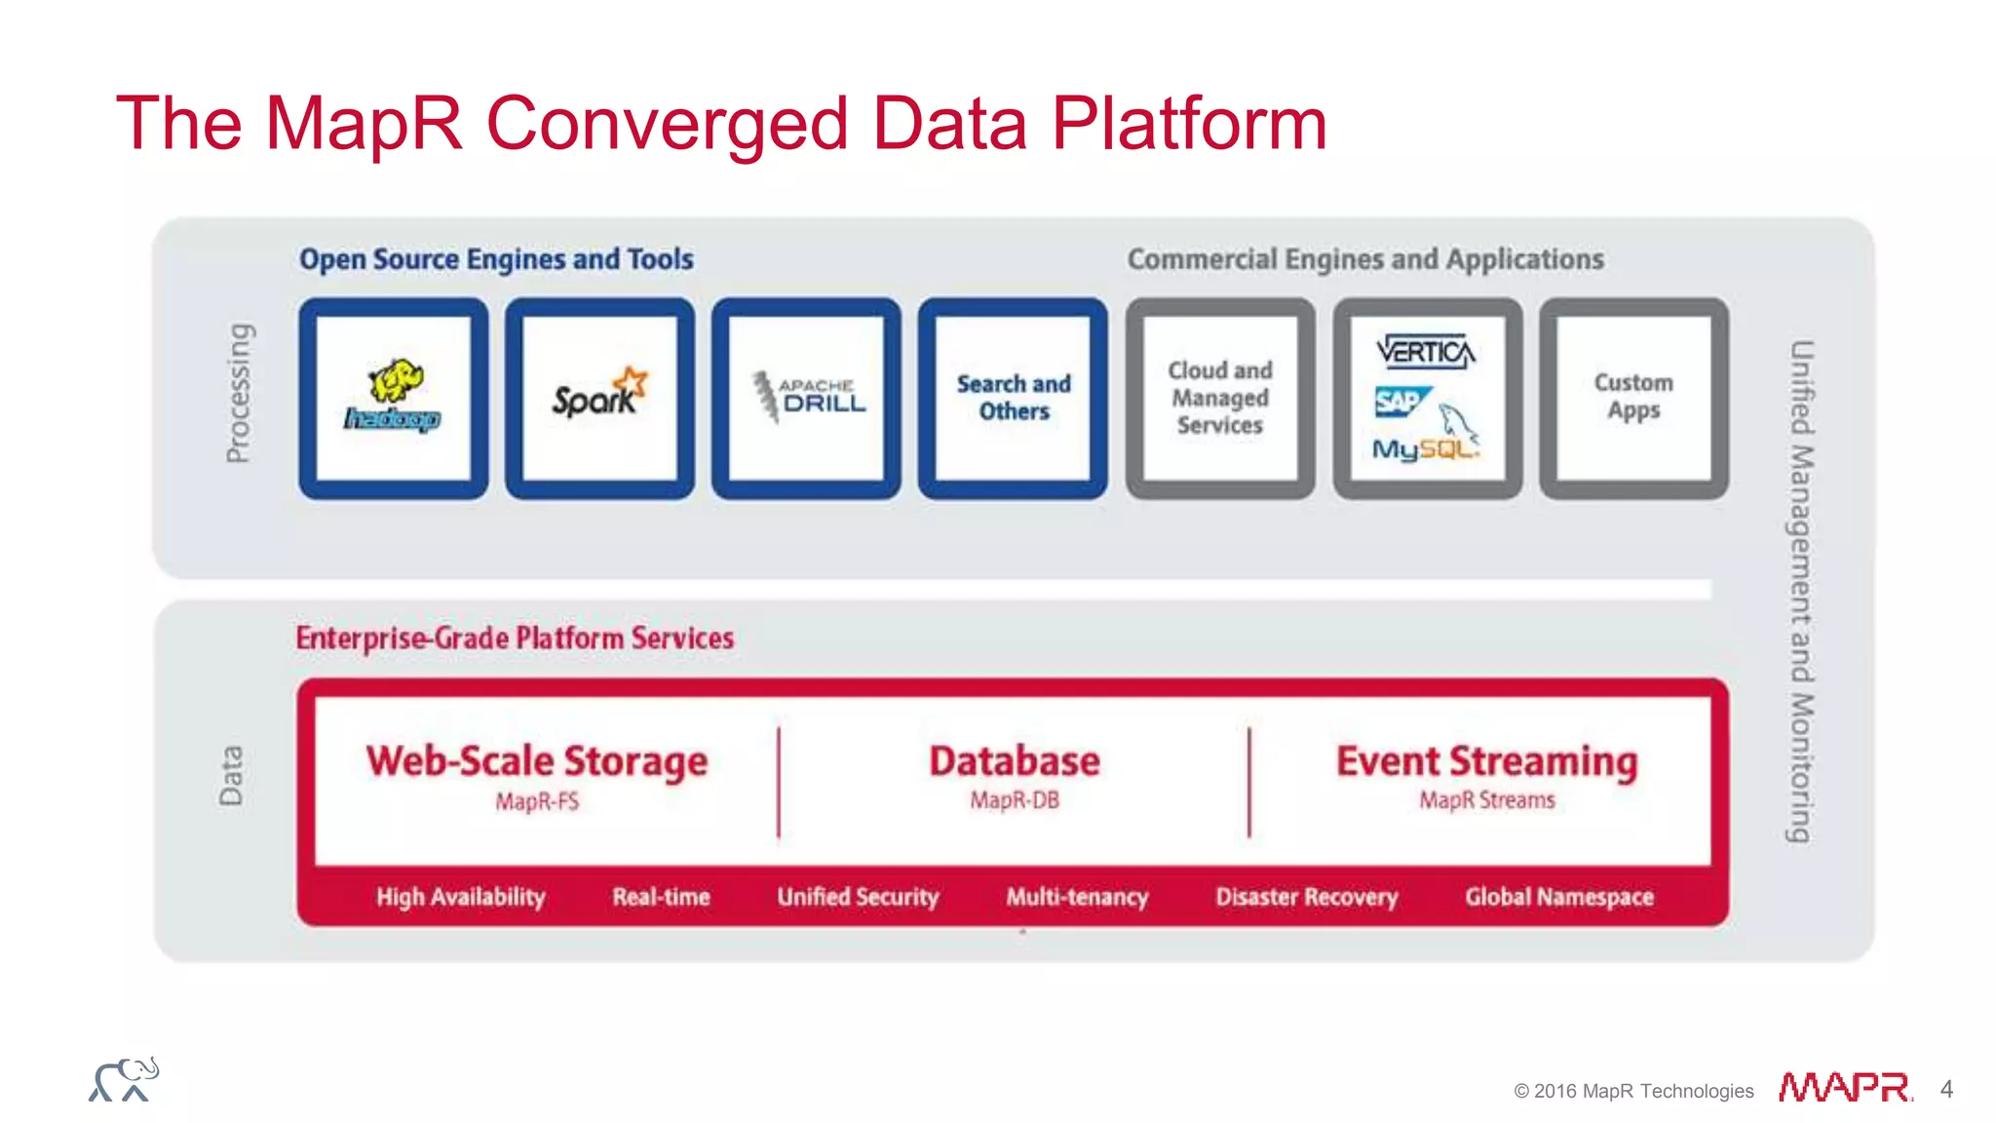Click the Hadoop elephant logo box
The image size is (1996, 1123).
[394, 398]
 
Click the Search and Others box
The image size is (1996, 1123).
[1014, 398]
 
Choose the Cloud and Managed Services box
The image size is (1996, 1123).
[1220, 398]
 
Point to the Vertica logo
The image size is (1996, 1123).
[1426, 351]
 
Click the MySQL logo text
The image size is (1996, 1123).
[1423, 448]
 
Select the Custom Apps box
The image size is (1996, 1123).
[1633, 397]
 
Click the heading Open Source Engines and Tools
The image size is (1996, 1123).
[496, 259]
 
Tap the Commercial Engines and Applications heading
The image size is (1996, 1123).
[1365, 259]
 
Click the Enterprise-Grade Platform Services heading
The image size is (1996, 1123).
[515, 639]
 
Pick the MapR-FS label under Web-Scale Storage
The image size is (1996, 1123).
[537, 801]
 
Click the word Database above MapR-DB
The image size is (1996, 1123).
[1014, 760]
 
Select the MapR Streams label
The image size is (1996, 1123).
[1486, 800]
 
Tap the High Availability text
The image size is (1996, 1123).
[460, 897]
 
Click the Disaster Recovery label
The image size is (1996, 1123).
[1306, 897]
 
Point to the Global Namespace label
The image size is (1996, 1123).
[1558, 897]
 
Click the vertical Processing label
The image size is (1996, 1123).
[238, 393]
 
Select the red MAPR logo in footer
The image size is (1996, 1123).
[1844, 1088]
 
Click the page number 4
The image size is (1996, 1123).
[1946, 1089]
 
